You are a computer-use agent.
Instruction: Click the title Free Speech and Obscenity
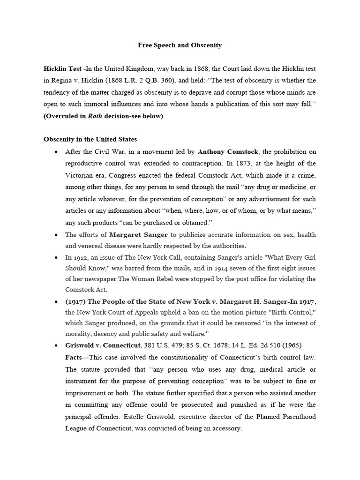point(180,45)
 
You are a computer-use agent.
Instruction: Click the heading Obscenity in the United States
point(90,139)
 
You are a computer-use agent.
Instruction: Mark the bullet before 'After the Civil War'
point(56,151)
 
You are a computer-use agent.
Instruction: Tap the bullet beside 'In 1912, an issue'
point(56,257)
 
